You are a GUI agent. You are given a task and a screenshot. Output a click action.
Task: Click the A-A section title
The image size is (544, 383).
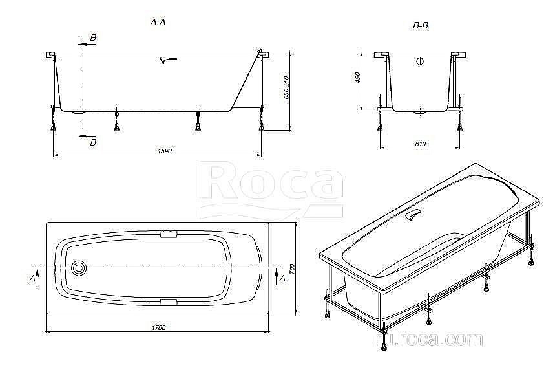158,22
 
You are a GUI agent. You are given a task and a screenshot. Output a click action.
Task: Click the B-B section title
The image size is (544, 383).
421,25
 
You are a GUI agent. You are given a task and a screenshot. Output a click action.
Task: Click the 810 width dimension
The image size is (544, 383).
421,144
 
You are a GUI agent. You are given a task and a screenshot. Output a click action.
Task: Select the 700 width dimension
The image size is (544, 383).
292,268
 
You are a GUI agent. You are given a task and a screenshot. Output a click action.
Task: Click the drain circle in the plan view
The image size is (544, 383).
81,268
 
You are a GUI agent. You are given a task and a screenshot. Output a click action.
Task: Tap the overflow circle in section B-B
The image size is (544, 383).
421,62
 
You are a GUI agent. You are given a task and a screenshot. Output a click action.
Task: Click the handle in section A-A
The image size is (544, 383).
167,60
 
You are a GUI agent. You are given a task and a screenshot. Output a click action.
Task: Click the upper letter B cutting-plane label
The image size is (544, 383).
93,38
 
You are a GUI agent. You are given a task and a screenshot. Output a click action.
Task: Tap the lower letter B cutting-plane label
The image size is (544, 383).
93,142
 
